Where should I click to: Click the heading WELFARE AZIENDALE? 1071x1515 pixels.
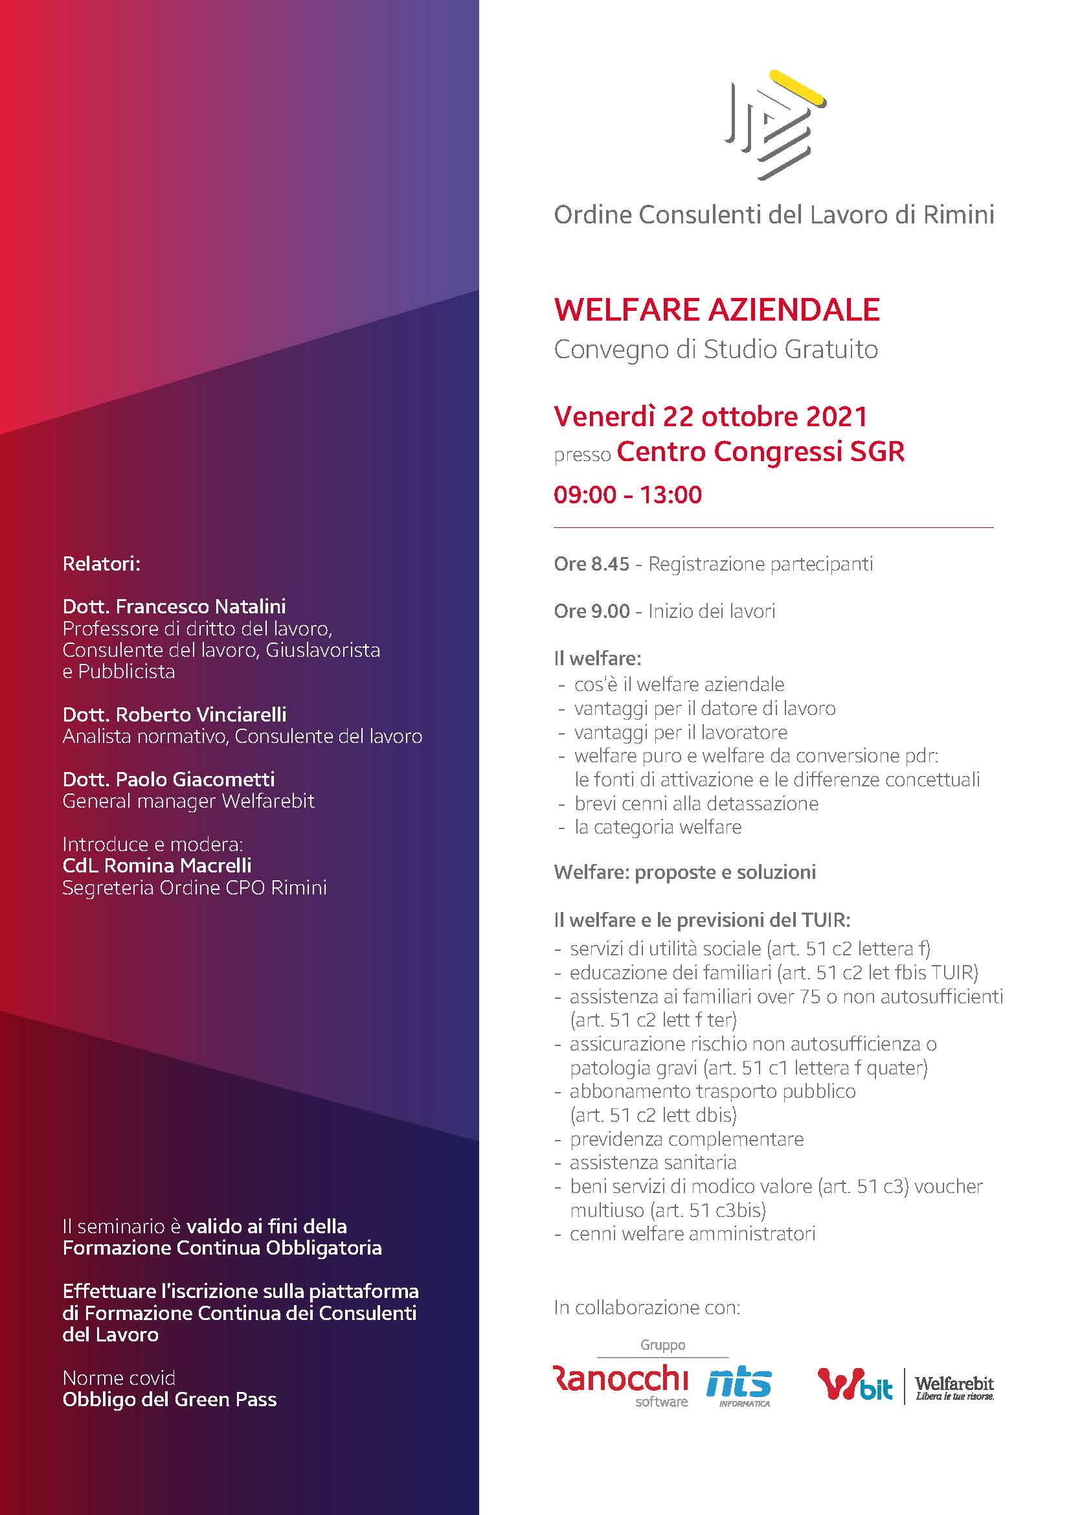point(717,310)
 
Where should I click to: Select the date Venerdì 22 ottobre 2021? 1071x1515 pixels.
point(710,416)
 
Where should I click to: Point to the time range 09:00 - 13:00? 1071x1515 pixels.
point(627,495)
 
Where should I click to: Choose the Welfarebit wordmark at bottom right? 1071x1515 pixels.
point(954,1383)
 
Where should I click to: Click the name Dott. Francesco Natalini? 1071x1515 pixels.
point(174,606)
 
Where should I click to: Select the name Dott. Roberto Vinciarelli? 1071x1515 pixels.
point(174,714)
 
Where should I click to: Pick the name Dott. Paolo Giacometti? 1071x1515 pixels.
point(168,779)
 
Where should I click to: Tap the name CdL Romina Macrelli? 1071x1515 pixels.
point(157,865)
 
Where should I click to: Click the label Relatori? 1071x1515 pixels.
point(102,564)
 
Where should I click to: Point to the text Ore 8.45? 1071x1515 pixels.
point(592,564)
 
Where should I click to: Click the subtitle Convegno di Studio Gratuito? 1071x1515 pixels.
point(716,350)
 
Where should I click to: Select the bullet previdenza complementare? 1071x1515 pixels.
point(686,1139)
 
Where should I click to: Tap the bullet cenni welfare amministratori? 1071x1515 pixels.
point(692,1234)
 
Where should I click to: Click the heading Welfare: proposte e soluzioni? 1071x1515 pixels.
point(684,872)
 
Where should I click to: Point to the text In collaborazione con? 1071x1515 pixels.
point(647,1307)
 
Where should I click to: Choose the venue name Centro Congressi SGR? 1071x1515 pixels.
point(760,452)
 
